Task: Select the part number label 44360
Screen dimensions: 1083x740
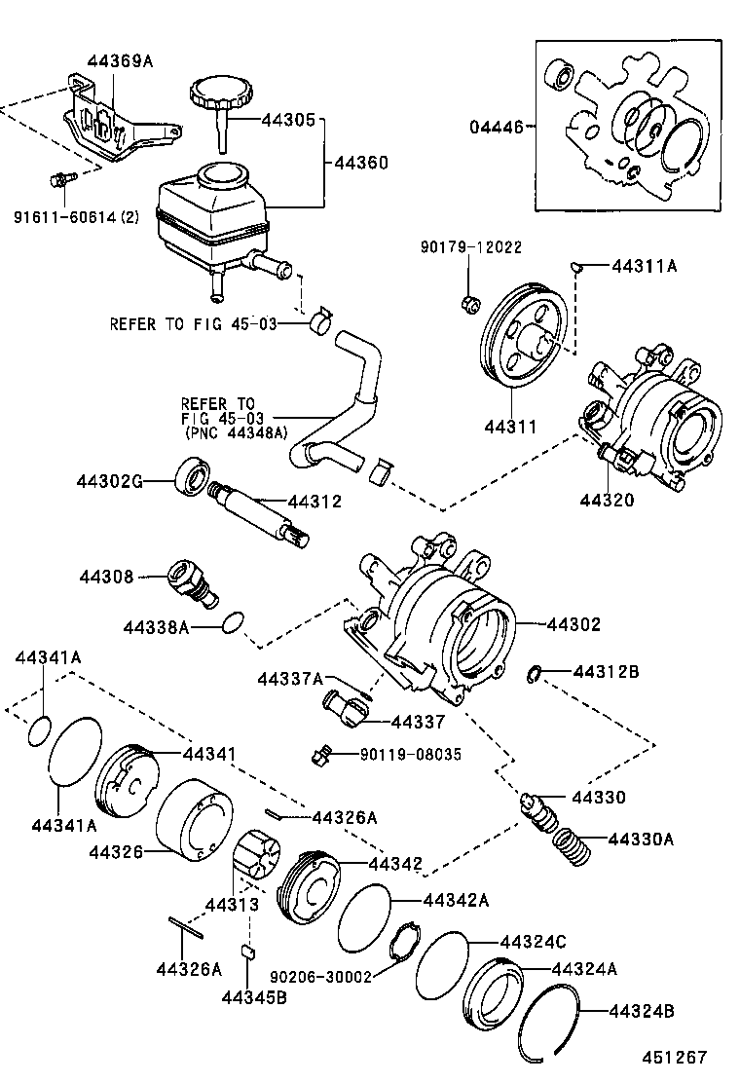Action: point(361,163)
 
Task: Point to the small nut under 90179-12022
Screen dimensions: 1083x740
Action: point(468,304)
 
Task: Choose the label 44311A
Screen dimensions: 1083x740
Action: point(643,265)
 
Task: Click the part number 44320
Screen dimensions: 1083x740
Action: point(608,501)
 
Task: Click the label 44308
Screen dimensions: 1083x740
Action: point(106,577)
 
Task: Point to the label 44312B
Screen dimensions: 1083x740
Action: point(606,672)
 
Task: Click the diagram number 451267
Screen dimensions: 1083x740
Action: point(673,1057)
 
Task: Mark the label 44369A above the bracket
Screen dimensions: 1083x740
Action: point(120,60)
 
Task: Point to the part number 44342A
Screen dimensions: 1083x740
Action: point(455,900)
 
